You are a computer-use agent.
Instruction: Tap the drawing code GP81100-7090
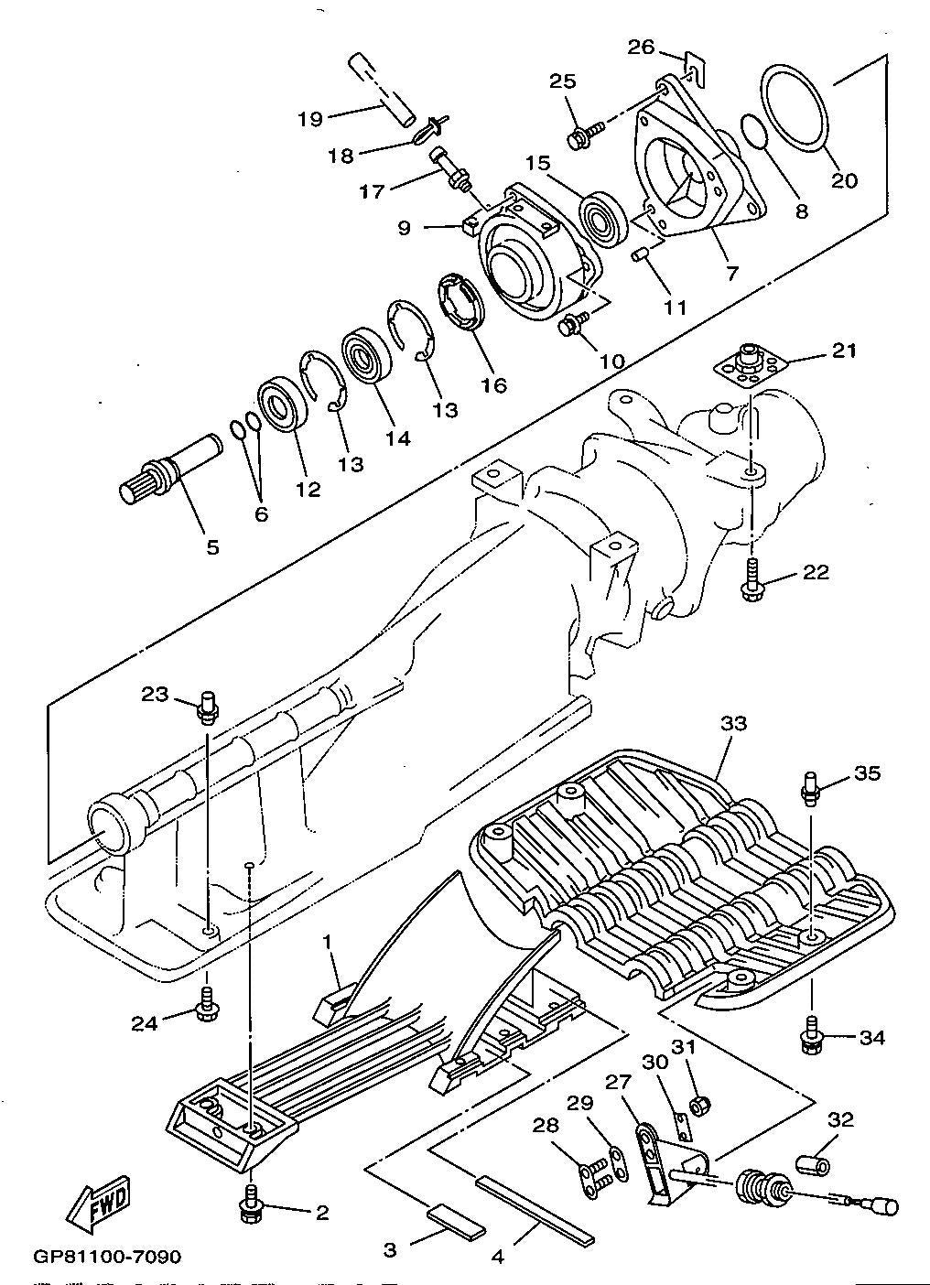pos(108,1256)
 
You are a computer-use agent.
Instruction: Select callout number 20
pos(844,180)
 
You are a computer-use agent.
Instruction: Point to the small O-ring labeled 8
pos(754,132)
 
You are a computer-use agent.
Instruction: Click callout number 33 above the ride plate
pos(733,723)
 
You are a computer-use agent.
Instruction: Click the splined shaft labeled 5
pos(170,469)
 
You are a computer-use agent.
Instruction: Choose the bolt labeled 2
pos(249,1206)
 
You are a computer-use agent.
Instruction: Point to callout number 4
pos(498,1256)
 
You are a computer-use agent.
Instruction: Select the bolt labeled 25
pos(583,135)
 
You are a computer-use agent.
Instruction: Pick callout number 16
pos(493,384)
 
